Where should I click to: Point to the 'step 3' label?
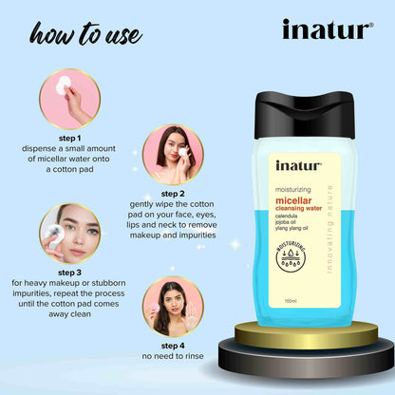[69, 272]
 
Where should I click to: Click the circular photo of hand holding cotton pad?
[69, 98]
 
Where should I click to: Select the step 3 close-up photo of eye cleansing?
[69, 233]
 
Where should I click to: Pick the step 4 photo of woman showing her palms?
[173, 306]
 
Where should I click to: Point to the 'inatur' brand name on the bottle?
[299, 165]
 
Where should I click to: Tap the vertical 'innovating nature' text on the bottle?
[343, 247]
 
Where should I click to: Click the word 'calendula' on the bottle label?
[292, 217]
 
